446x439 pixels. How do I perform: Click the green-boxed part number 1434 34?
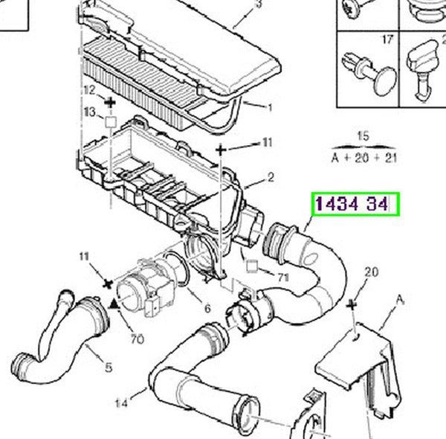pos(352,204)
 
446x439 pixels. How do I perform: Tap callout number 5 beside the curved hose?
pos(109,368)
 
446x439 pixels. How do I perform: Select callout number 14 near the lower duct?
pos(121,403)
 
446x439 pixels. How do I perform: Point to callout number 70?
pos(138,339)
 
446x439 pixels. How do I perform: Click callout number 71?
pos(283,278)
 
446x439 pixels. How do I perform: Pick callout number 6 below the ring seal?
pos(207,308)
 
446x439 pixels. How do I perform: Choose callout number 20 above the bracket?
pos(372,272)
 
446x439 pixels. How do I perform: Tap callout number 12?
pos(90,91)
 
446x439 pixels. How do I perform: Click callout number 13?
pos(90,112)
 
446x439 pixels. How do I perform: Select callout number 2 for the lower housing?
pos(271,177)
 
